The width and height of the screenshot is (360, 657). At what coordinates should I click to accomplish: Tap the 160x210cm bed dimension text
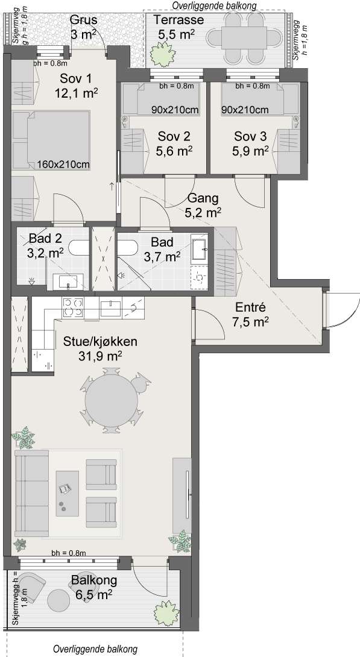(63, 165)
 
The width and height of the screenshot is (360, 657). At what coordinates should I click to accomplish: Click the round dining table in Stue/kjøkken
(112, 400)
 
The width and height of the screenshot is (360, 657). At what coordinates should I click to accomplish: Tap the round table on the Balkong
(58, 600)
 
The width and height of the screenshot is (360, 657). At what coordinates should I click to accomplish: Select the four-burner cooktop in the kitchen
(72, 307)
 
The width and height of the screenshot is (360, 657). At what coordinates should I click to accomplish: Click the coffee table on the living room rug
(68, 493)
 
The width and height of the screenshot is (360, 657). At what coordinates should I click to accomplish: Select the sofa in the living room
(31, 493)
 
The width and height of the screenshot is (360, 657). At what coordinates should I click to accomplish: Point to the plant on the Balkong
(167, 614)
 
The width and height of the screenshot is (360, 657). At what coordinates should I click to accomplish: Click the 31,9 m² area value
(100, 356)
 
